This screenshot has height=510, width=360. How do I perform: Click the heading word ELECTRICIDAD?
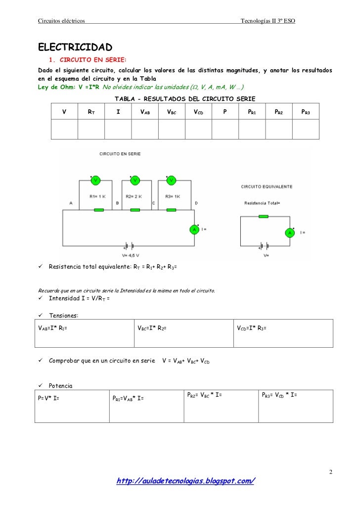pyautogui.click(x=76, y=47)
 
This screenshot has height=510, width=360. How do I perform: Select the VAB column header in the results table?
pyautogui.click(x=145, y=112)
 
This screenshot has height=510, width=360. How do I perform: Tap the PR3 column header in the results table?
pyautogui.click(x=305, y=112)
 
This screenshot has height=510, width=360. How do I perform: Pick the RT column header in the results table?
pyautogui.click(x=91, y=112)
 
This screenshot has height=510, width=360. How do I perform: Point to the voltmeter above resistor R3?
pyautogui.click(x=171, y=181)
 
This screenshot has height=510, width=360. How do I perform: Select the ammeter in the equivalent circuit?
pyautogui.click(x=290, y=232)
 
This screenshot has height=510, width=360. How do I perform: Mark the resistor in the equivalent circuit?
pyautogui.click(x=264, y=216)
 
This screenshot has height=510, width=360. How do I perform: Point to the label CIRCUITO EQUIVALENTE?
pyautogui.click(x=267, y=187)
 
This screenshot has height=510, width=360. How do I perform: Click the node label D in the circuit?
pyautogui.click(x=196, y=203)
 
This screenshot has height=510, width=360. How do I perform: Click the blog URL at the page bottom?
pyautogui.click(x=185, y=481)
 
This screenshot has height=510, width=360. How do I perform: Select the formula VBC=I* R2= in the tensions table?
pyautogui.click(x=152, y=327)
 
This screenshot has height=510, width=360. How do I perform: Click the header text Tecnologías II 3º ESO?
pyautogui.click(x=268, y=20)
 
